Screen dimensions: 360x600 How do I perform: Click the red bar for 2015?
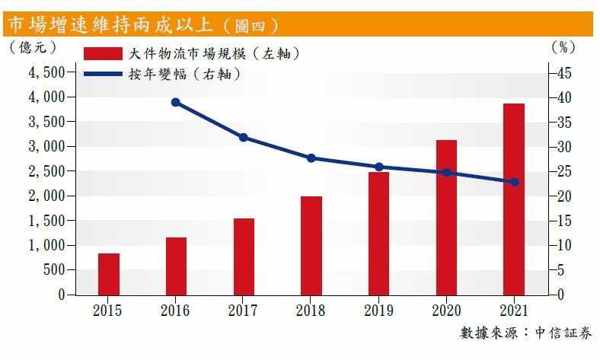click(109, 274)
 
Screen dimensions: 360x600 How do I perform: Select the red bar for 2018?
click(311, 245)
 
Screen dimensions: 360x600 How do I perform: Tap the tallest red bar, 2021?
click(514, 199)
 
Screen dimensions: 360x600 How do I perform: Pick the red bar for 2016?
click(176, 266)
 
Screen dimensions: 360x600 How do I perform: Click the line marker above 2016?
click(176, 102)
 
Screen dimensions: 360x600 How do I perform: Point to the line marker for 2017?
click(244, 138)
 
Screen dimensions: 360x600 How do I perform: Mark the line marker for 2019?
click(378, 167)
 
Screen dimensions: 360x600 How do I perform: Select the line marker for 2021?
click(514, 182)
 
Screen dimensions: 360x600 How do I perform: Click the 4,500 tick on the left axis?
click(46, 73)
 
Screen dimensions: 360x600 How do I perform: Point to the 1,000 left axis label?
click(46, 245)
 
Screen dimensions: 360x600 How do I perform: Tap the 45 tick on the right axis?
click(563, 73)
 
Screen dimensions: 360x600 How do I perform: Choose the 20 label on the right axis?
click(563, 196)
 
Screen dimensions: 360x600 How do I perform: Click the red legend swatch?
click(103, 54)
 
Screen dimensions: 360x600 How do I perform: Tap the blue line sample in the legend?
click(103, 75)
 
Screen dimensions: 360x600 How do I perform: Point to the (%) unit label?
click(563, 46)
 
